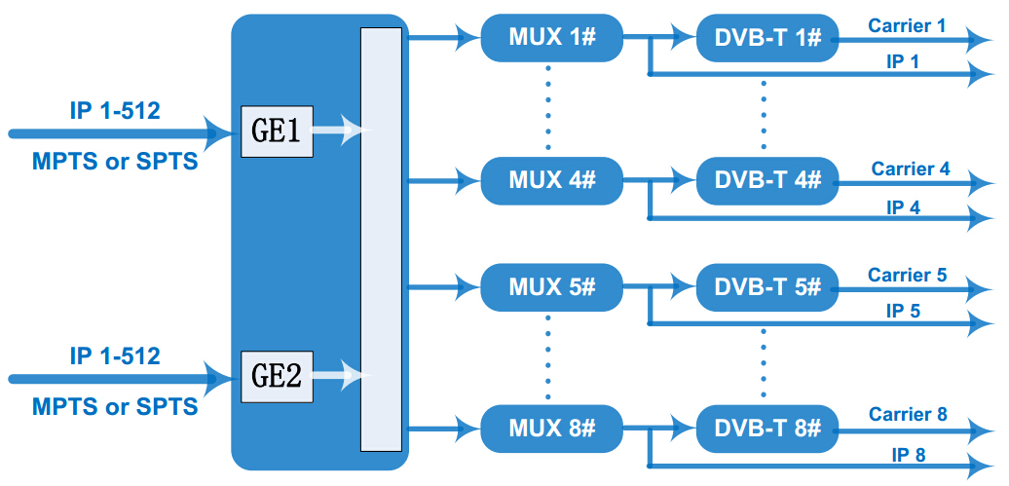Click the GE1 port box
277,131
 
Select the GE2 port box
277,377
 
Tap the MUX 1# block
552,38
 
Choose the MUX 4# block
552,181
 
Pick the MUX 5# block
552,287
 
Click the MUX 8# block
552,429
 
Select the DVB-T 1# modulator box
767,38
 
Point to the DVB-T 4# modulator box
767,181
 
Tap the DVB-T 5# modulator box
767,287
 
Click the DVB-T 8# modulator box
767,429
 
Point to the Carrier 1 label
907,25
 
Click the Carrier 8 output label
908,414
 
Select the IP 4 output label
904,207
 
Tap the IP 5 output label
904,311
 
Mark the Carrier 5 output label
908,275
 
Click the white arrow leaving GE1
341,131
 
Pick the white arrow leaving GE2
341,376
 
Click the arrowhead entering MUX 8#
468,427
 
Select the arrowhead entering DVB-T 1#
684,37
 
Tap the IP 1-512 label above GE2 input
115,355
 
